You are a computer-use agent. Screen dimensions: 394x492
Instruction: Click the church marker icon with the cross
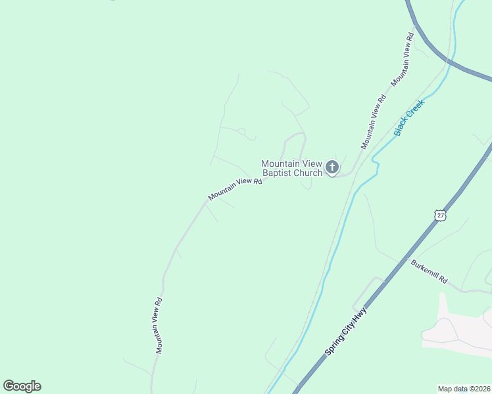332,167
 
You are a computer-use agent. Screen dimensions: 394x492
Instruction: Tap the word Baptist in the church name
278,173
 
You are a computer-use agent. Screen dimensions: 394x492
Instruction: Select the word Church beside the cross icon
308,173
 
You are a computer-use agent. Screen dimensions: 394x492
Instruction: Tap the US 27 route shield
440,214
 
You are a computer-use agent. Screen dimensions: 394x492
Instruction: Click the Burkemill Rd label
429,271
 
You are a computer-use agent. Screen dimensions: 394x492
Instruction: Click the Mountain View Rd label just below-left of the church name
235,189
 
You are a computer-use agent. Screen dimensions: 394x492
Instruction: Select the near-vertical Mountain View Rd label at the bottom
159,326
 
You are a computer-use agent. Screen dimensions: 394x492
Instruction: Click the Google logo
22,386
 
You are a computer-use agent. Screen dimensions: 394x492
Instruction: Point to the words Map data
452,389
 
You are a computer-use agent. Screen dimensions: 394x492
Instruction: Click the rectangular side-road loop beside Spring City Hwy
368,292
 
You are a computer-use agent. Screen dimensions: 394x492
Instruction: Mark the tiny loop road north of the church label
241,131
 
